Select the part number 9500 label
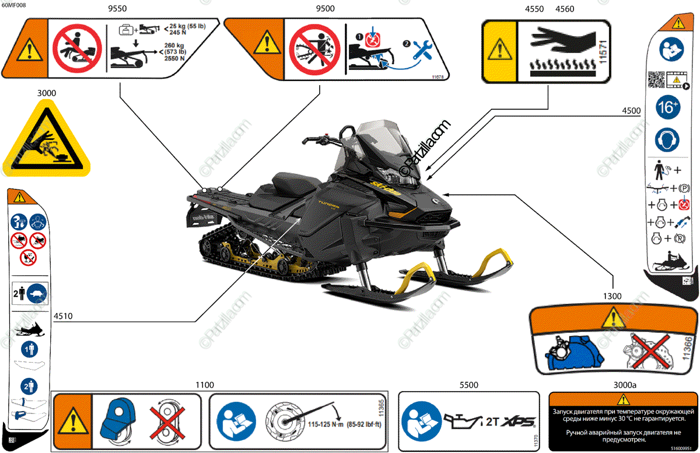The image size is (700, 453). click(325, 9)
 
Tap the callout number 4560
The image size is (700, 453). click(565, 9)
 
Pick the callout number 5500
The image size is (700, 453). click(469, 385)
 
